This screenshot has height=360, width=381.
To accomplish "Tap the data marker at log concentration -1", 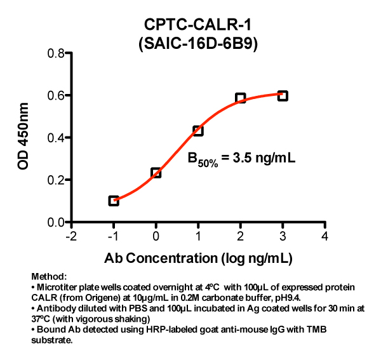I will [x=114, y=201].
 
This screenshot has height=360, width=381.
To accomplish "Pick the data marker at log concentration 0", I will [x=156, y=173].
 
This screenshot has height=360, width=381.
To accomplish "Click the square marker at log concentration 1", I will [x=198, y=131].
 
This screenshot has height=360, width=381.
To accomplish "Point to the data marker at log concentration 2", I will [x=240, y=98].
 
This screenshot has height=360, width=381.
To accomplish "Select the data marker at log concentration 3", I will [x=283, y=96].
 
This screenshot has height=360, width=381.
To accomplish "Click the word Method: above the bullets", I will [x=48, y=277].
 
